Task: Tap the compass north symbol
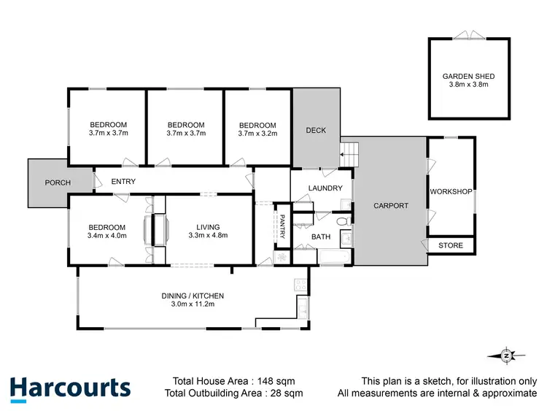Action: (506, 355)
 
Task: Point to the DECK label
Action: (316, 131)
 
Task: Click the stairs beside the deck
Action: (349, 155)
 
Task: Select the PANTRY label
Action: (283, 226)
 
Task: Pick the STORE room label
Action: (451, 245)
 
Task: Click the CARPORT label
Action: (391, 206)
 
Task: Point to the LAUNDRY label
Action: (325, 188)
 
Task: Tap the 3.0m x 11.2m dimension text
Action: (193, 305)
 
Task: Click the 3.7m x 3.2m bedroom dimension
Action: (257, 134)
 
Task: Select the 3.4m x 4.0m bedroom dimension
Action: (107, 236)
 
